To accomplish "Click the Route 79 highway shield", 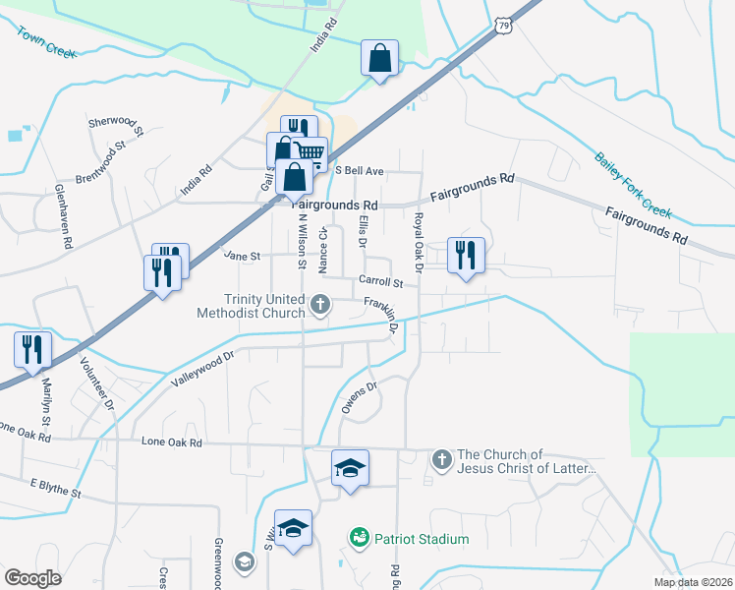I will click(503, 27).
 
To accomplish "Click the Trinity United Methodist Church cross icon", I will click(320, 306).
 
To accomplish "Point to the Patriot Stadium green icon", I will click(359, 539).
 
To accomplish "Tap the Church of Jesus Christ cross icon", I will click(442, 458).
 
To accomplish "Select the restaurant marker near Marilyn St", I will click(32, 350).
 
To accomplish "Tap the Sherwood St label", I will click(116, 125).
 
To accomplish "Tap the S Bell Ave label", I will click(359, 170).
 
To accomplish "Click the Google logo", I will click(32, 577).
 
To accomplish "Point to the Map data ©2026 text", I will click(693, 582).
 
